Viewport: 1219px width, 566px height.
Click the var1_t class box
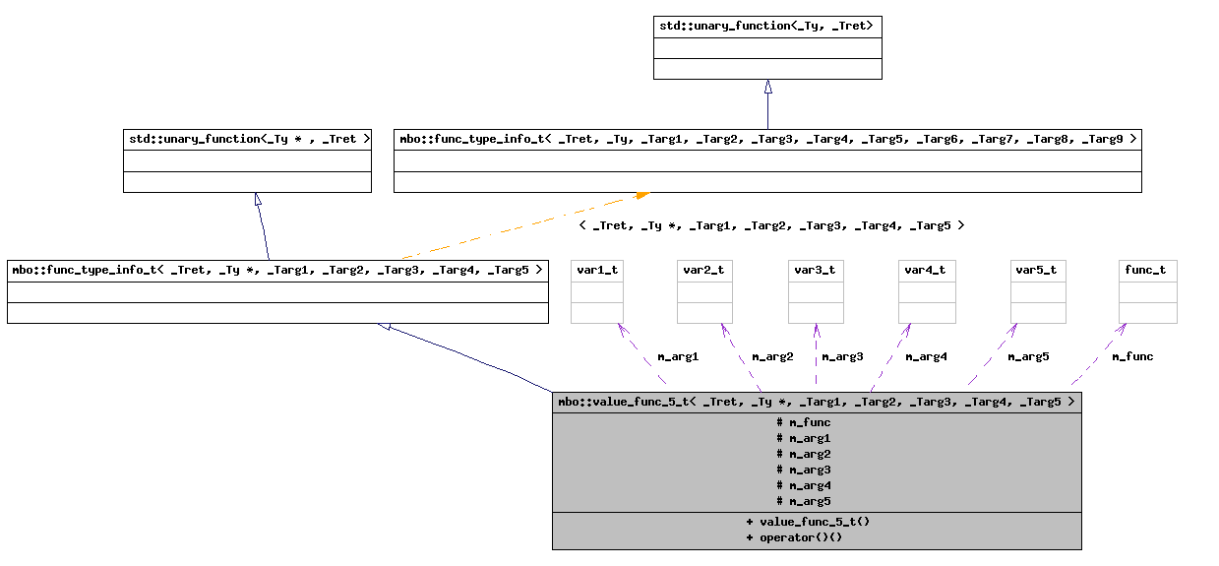pyautogui.click(x=597, y=291)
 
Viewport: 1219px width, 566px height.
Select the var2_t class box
pyautogui.click(x=704, y=291)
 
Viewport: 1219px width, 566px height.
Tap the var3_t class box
pyautogui.click(x=816, y=291)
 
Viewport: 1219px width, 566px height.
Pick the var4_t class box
pyautogui.click(x=927, y=291)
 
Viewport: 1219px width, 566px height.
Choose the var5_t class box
pyautogui.click(x=1038, y=291)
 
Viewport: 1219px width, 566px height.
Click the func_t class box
pyautogui.click(x=1148, y=291)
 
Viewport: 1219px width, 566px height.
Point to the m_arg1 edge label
pyautogui.click(x=677, y=356)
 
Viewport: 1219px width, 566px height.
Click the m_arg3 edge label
pyautogui.click(x=842, y=356)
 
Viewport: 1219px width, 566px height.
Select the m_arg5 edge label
pyautogui.click(x=1028, y=356)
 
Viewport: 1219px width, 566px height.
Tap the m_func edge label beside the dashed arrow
pyautogui.click(x=1132, y=356)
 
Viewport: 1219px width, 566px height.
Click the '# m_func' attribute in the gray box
pyautogui.click(x=804, y=422)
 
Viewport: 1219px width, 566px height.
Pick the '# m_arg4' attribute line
pyautogui.click(x=804, y=485)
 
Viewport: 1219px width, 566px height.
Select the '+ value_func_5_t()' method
pyautogui.click(x=808, y=521)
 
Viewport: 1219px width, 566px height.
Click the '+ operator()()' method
pyautogui.click(x=794, y=537)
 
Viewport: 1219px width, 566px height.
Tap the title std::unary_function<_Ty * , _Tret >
pyautogui.click(x=247, y=139)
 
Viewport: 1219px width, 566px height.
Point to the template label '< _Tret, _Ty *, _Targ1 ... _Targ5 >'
pyautogui.click(x=771, y=225)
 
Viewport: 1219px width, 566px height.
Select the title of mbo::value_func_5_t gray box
pyautogui.click(x=816, y=402)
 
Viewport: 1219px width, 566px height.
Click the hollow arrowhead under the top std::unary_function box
pyautogui.click(x=767, y=87)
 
